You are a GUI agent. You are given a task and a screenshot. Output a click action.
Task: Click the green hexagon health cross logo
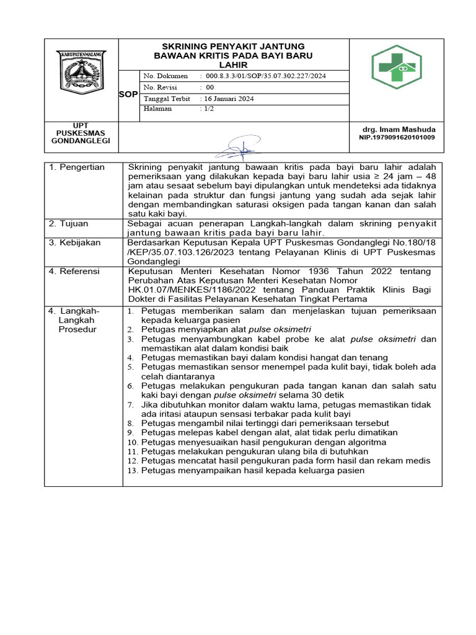(x=396, y=67)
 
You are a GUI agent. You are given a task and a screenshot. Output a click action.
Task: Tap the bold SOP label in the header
(x=129, y=94)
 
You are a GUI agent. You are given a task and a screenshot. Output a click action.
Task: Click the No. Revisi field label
(x=161, y=87)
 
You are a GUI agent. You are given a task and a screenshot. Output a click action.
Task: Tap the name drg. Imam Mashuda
(x=399, y=129)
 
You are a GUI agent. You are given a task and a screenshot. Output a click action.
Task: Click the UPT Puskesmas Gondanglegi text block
(x=81, y=133)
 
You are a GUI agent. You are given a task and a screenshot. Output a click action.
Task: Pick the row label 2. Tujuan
(x=70, y=223)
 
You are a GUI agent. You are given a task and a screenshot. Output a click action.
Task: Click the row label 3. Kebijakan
(x=75, y=242)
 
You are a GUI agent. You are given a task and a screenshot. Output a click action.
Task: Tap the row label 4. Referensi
(x=75, y=271)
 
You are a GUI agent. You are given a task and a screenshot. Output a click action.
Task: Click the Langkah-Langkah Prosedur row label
(x=74, y=319)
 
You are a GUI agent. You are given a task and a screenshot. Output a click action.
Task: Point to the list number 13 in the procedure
(x=132, y=471)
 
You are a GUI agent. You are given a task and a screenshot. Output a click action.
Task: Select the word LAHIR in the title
(x=233, y=64)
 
